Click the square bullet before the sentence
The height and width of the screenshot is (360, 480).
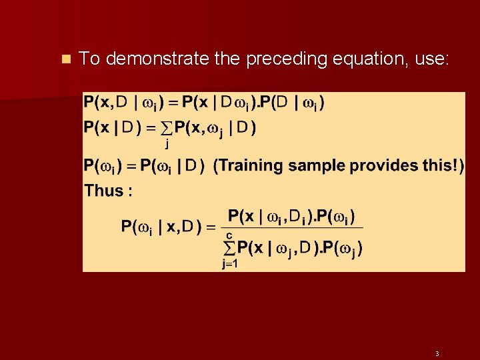(65, 59)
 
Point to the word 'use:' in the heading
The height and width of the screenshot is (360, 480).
(432, 59)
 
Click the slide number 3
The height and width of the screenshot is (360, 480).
(437, 353)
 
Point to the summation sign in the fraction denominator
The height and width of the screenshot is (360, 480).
(229, 248)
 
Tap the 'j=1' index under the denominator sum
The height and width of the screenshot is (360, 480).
(230, 263)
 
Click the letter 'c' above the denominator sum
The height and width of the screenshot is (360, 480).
(229, 235)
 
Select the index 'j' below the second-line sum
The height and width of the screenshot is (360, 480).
(166, 142)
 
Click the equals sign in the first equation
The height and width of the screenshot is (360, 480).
(173, 103)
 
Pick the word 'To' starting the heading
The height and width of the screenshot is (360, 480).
(89, 59)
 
